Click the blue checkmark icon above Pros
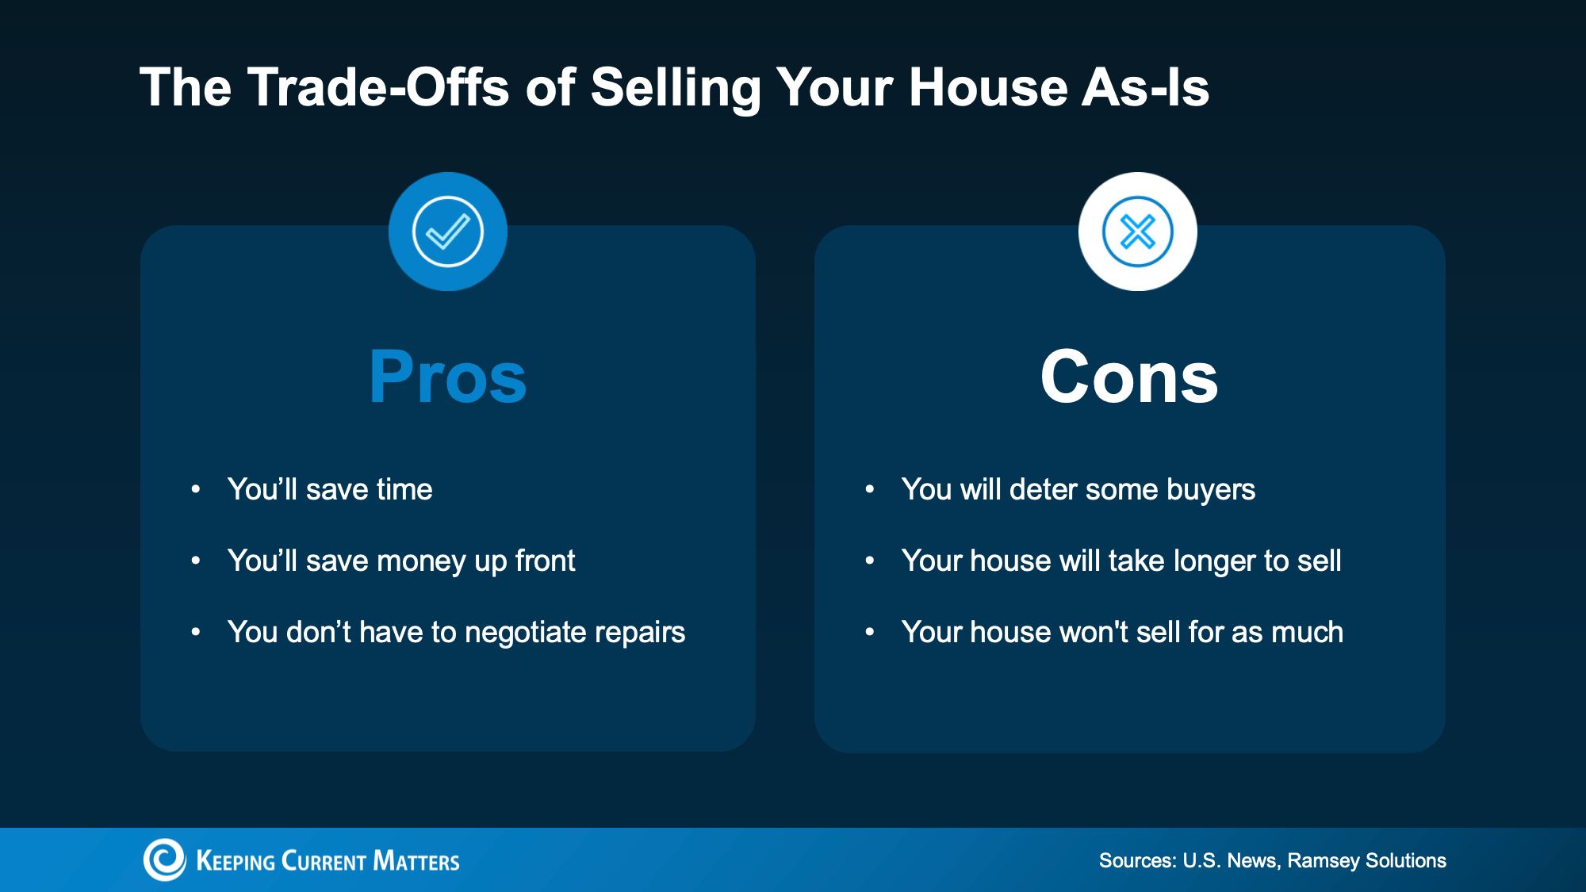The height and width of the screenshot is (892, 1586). point(448,232)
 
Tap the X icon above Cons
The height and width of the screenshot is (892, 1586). point(1138,232)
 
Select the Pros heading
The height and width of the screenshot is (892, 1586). point(448,377)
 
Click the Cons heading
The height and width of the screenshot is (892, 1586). point(1129,377)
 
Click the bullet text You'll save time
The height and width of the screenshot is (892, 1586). point(330,489)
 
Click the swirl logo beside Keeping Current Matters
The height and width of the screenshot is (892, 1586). point(164,859)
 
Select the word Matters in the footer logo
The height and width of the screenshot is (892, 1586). point(416,860)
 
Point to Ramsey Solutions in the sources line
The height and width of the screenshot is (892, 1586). point(1367,861)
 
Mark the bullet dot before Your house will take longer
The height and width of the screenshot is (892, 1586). point(870,561)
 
